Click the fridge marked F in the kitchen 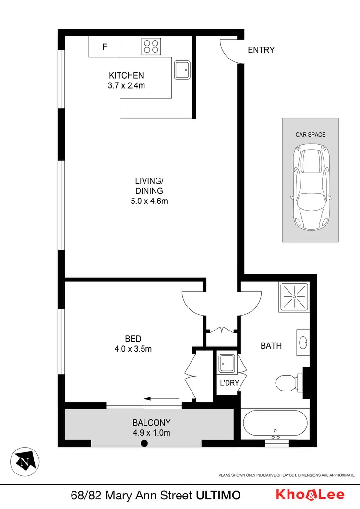[104, 47]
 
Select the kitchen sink [182, 70]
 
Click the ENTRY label [261, 50]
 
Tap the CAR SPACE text [310, 135]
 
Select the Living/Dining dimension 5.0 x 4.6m [149, 201]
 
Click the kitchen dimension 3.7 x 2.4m [126, 86]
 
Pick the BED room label [133, 338]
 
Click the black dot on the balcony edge [144, 444]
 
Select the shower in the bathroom [293, 296]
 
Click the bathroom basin [304, 343]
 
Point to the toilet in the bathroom [289, 383]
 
